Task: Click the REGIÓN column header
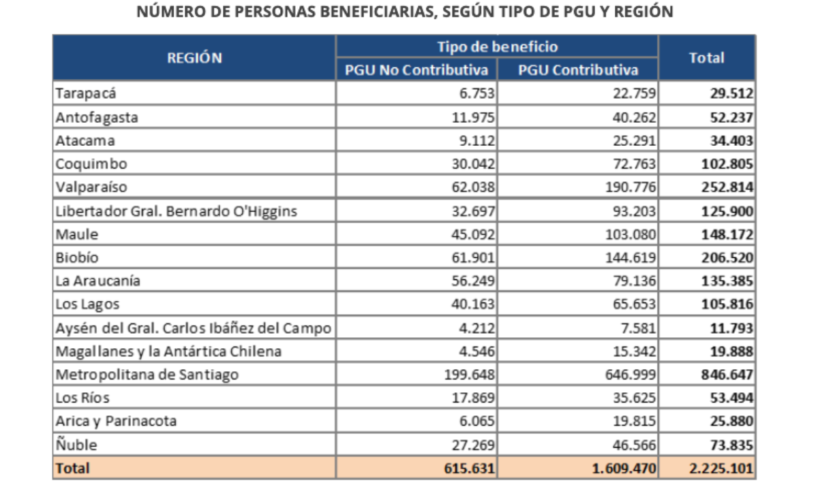click(194, 58)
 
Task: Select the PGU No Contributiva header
click(416, 70)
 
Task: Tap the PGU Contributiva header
click(578, 70)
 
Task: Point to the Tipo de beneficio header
click(497, 46)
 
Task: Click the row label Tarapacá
click(81, 94)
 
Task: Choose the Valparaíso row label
click(91, 187)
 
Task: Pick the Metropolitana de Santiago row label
click(147, 375)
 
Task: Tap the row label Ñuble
click(76, 446)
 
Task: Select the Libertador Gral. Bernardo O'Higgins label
click(177, 211)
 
